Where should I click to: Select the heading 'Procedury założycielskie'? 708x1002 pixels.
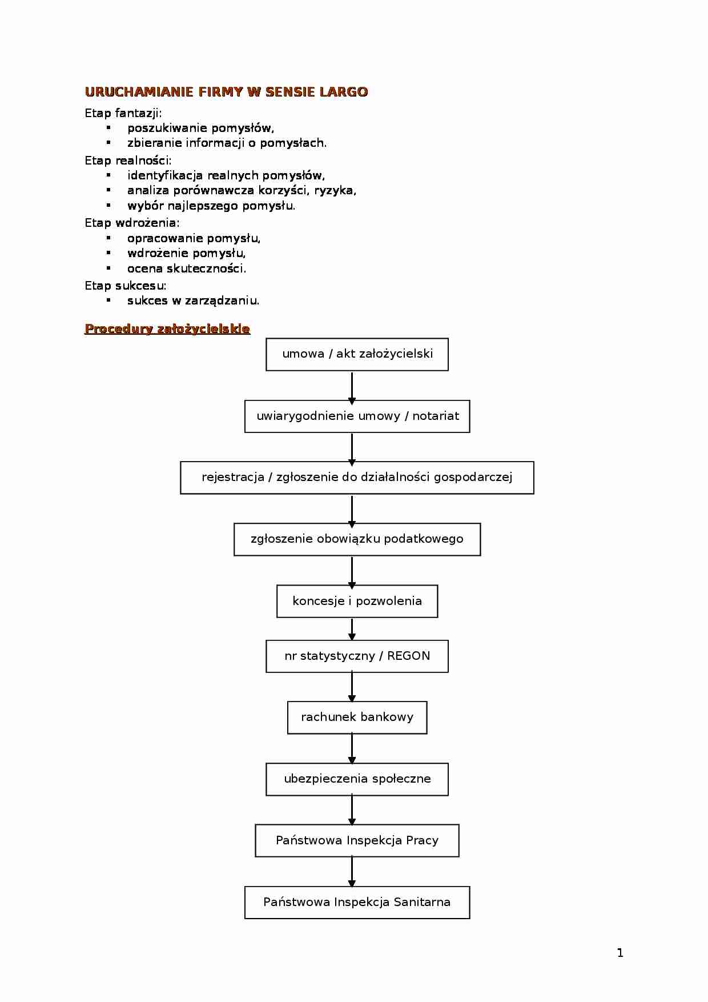[167, 328]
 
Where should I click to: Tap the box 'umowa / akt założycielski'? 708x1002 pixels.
[357, 354]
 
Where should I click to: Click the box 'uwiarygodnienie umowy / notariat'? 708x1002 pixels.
[357, 416]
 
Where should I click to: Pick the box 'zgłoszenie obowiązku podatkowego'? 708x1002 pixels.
[357, 539]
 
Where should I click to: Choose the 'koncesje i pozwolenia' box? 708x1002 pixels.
[357, 601]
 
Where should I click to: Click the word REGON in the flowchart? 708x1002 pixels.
[409, 656]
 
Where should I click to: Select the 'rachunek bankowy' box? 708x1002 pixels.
[357, 718]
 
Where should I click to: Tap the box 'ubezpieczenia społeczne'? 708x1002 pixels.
[357, 779]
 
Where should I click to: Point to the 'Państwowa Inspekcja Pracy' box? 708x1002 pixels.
[357, 840]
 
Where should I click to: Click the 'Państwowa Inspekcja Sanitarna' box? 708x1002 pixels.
[357, 903]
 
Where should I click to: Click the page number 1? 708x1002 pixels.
[620, 953]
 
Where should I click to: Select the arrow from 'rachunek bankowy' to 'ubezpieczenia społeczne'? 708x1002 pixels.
[352, 748]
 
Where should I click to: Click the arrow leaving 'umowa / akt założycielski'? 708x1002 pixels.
[352, 386]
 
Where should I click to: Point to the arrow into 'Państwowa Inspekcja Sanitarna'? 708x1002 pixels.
[352, 872]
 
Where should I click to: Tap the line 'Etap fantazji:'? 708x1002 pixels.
[123, 113]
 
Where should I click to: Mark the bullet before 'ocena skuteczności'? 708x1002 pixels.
[108, 267]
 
